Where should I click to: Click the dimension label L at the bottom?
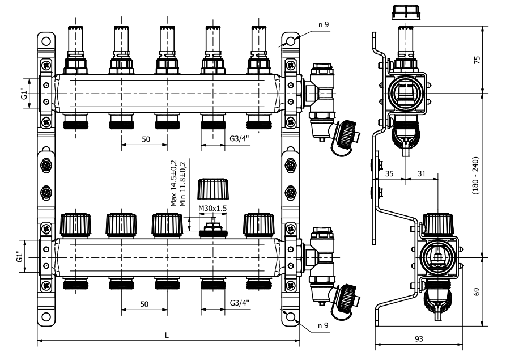[x=167, y=334]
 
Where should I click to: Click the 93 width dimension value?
[x=419, y=338]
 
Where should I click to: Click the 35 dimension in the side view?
[x=389, y=173]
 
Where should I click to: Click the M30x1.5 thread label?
[x=212, y=209]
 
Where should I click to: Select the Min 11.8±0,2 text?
[x=181, y=183]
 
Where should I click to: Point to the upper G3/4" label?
[x=240, y=139]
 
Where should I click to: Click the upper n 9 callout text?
[x=324, y=24]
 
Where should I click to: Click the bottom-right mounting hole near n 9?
[x=290, y=317]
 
